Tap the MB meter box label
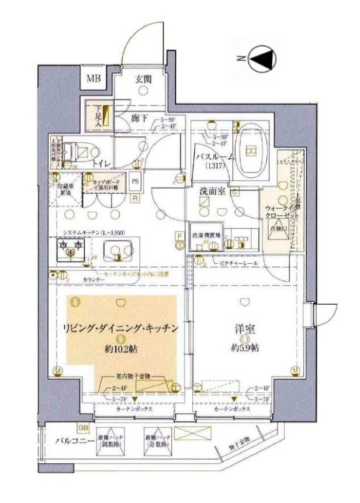point(94,79)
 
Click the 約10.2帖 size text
point(121,349)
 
